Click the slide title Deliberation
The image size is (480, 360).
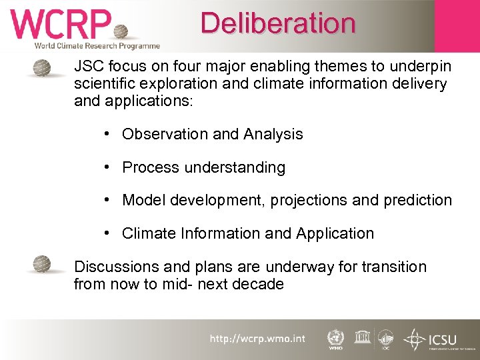tap(278, 23)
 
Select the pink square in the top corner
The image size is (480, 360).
tap(457, 25)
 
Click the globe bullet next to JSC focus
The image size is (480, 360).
tap(43, 68)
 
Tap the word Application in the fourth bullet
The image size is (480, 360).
tap(335, 233)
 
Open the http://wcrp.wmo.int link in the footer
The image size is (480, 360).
tap(257, 339)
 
